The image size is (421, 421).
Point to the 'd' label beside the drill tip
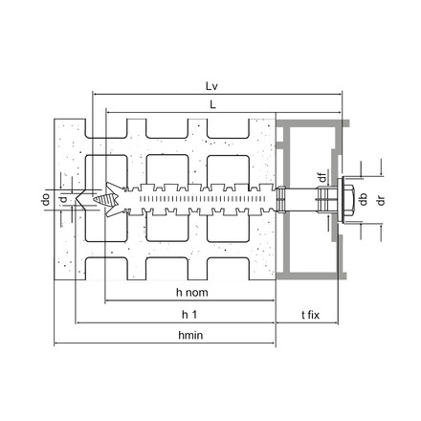pyautogui.click(x=62, y=199)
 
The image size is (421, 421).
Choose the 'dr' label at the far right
pyautogui.click(x=381, y=200)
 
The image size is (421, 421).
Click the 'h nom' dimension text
pyautogui.click(x=192, y=292)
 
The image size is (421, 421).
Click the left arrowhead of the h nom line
pyautogui.click(x=107, y=301)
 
